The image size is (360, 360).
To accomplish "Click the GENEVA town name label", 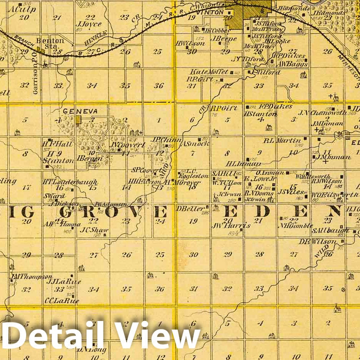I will pyautogui.click(x=80, y=111).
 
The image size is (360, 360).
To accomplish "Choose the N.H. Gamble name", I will pyautogui.click(x=296, y=226).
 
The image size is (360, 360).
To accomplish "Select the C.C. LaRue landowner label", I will pyautogui.click(x=62, y=301).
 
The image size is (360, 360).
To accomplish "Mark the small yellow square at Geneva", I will pyautogui.click(x=78, y=120).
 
